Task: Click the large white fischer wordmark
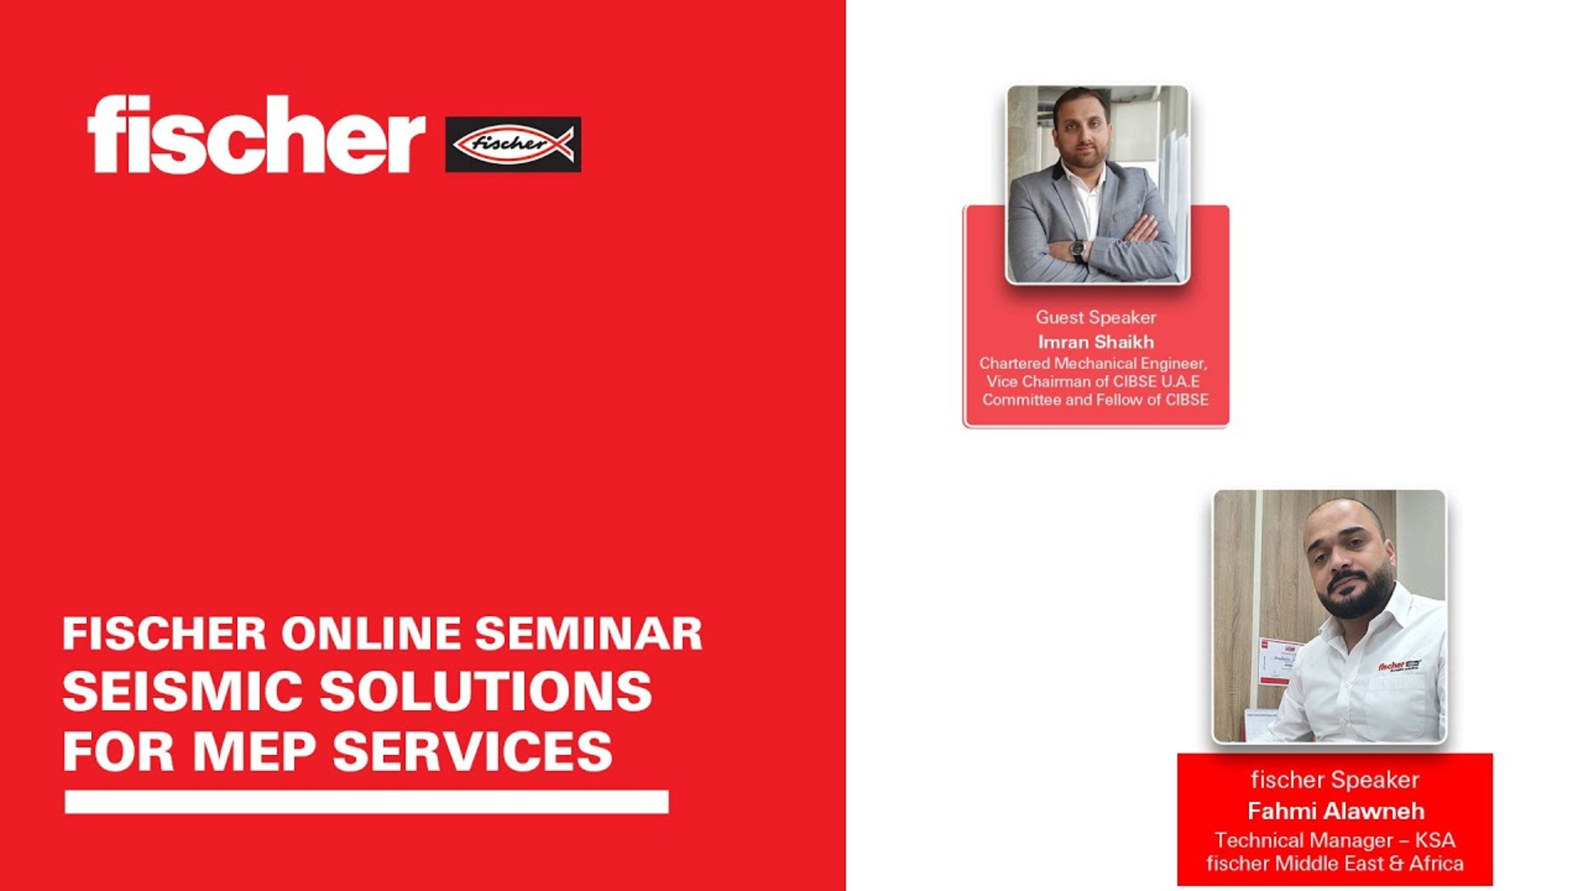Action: [x=256, y=135]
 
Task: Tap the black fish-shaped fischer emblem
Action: [x=513, y=145]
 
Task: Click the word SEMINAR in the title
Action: [x=589, y=634]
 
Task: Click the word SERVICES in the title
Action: [x=472, y=752]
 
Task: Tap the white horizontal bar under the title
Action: [x=366, y=802]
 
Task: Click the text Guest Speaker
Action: [x=1096, y=317]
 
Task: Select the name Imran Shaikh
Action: [x=1096, y=342]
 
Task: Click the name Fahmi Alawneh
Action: [x=1335, y=811]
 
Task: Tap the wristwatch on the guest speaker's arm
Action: [x=1078, y=249]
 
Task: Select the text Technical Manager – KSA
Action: [x=1335, y=840]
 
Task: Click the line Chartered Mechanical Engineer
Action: [x=1092, y=363]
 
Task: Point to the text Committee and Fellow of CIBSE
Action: [x=1095, y=400]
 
